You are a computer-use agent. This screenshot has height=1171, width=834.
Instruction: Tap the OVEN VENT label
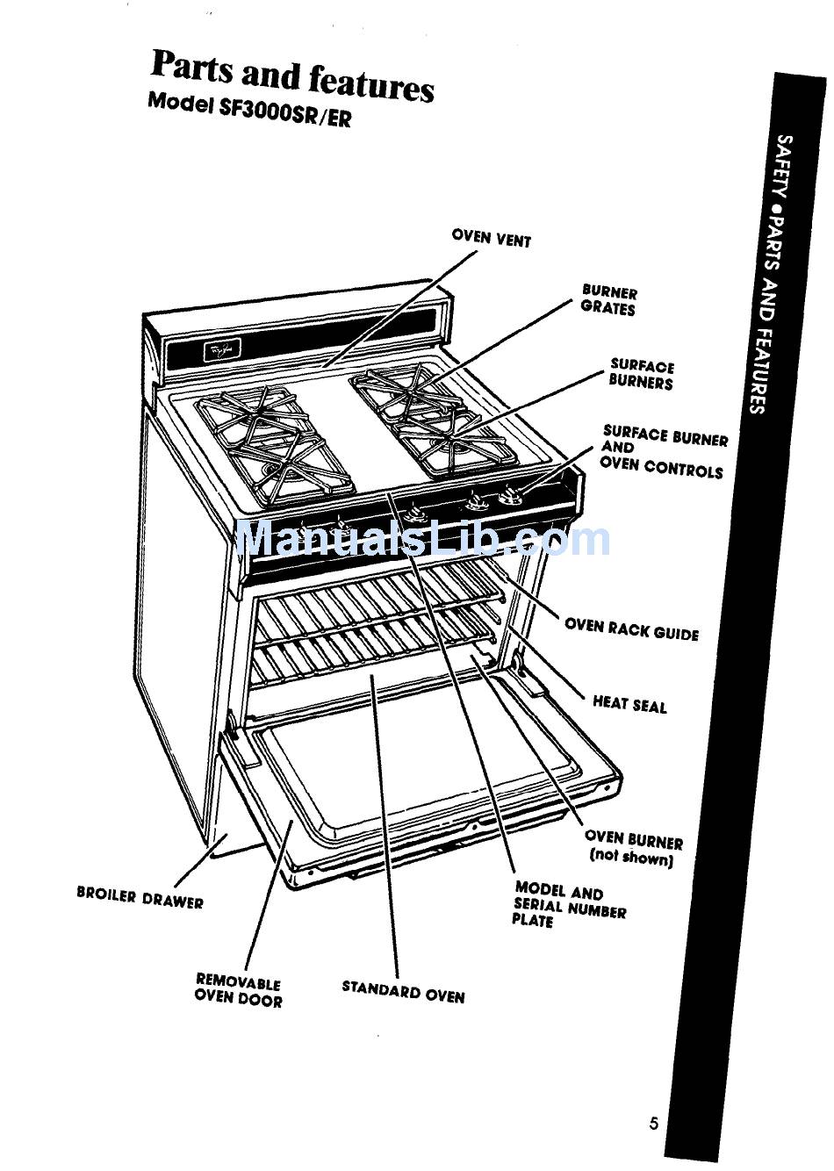[491, 237]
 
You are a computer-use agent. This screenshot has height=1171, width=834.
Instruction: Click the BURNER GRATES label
[608, 300]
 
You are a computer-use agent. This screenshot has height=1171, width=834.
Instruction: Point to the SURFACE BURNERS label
[641, 375]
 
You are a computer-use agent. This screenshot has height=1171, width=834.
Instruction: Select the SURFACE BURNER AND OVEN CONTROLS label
[663, 451]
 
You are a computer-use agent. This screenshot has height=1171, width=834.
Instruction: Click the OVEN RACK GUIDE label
[631, 629]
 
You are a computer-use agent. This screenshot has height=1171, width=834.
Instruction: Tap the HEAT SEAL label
[629, 703]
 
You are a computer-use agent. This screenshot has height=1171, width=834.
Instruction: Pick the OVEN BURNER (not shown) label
[633, 848]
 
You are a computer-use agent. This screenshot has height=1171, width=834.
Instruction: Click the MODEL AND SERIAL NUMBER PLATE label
[568, 905]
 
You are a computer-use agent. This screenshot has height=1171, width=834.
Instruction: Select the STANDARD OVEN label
[403, 993]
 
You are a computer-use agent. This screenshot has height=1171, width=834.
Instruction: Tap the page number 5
[653, 1123]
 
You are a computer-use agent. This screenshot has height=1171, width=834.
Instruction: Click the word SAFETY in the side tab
[785, 163]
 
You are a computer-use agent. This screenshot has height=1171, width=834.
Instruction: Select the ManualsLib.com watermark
[421, 538]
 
